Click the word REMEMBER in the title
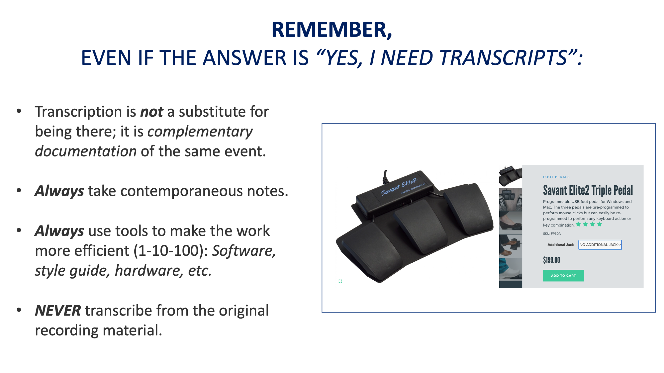tap(329, 29)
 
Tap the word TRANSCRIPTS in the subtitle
tap(503, 58)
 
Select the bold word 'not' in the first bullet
tap(152, 112)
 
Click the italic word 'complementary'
tap(200, 132)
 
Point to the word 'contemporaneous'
tap(181, 191)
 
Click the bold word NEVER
tap(58, 311)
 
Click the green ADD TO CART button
tap(563, 276)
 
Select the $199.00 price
tap(551, 260)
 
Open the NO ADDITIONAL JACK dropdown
tap(600, 245)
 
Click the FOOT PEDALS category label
tap(556, 177)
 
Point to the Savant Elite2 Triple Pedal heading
tap(588, 190)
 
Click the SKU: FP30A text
tap(552, 234)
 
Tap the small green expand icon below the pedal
tap(340, 281)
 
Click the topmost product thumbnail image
tap(510, 176)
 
